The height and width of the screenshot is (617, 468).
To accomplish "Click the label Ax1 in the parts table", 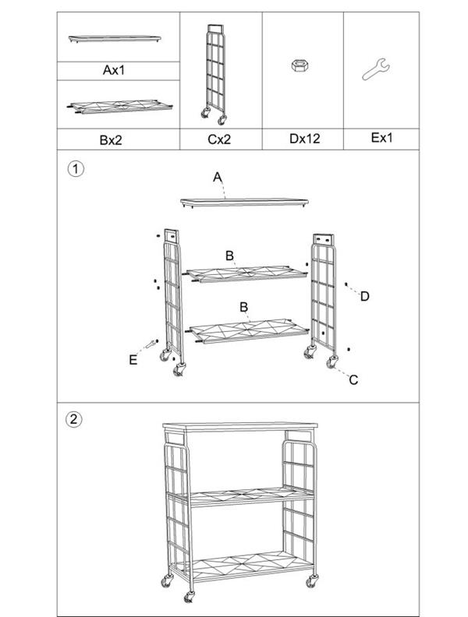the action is click(x=113, y=70).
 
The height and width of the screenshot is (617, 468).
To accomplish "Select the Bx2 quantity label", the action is click(x=111, y=139).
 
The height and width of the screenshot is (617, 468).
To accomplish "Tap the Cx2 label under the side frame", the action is click(x=219, y=139).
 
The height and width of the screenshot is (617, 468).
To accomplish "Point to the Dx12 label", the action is click(x=304, y=139).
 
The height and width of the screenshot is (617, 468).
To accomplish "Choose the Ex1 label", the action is click(x=381, y=138).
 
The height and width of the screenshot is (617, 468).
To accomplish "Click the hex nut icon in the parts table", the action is click(x=300, y=65).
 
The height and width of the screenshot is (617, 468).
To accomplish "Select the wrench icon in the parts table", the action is click(x=376, y=69).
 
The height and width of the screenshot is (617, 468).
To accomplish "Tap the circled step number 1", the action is click(x=76, y=169).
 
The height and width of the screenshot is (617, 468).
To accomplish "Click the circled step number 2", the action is click(x=73, y=419).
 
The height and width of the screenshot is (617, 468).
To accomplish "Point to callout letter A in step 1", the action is click(x=218, y=178).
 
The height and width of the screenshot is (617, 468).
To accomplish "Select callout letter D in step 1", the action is click(x=365, y=296).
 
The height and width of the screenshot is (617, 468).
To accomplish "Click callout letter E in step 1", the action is click(x=133, y=360).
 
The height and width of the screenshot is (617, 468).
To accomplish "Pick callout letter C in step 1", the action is click(x=353, y=380).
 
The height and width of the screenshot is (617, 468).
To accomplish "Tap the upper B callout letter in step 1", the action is click(x=229, y=256).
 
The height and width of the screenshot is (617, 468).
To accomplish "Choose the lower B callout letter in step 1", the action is click(x=244, y=306).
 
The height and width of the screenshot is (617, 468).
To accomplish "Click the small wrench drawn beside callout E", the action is click(x=150, y=344).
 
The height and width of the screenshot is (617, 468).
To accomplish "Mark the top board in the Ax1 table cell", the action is click(x=115, y=39).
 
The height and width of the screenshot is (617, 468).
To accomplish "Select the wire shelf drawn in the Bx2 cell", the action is click(x=120, y=106).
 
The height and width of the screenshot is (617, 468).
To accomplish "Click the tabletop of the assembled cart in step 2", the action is click(x=240, y=427).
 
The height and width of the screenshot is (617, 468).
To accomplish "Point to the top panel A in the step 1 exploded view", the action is click(x=244, y=203).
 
